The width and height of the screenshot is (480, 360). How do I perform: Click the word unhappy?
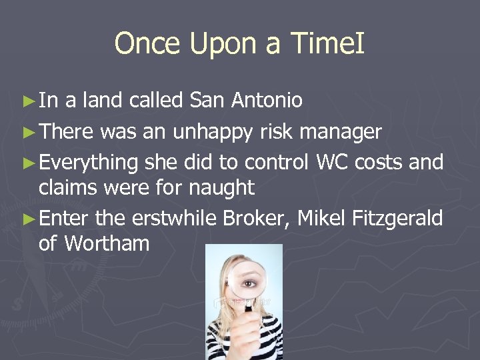coord(213,133)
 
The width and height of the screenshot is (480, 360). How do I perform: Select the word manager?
coord(341,133)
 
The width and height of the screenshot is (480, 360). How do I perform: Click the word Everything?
coord(89,163)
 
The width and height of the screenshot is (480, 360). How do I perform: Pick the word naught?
coord(221,187)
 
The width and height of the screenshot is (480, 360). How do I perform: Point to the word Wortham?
coord(107,243)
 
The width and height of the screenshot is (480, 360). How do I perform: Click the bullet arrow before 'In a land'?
coord(27,101)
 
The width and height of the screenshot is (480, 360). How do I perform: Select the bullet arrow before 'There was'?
coord(27,133)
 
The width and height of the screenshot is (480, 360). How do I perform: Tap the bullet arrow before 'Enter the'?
coord(27,217)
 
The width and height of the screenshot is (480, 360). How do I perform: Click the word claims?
coord(66,187)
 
